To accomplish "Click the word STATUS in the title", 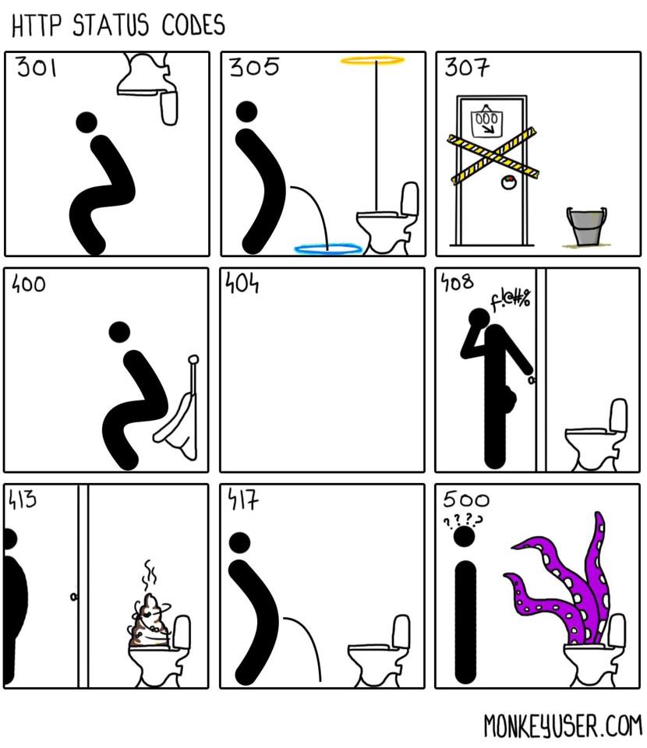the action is [111, 25].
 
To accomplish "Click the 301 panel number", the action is [37, 67].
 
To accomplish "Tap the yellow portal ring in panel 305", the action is [372, 60].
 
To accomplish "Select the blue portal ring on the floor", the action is [328, 249].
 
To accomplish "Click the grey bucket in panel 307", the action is [586, 226].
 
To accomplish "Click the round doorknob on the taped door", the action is [508, 182].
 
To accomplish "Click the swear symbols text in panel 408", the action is [511, 299].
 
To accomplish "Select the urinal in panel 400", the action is [179, 411].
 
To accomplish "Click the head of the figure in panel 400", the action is [119, 332].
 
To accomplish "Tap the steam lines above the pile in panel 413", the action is [150, 574].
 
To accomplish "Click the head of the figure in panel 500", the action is [464, 537].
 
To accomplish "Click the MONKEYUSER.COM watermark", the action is [563, 725].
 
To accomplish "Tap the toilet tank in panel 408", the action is [619, 416].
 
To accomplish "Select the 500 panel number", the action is [465, 499].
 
